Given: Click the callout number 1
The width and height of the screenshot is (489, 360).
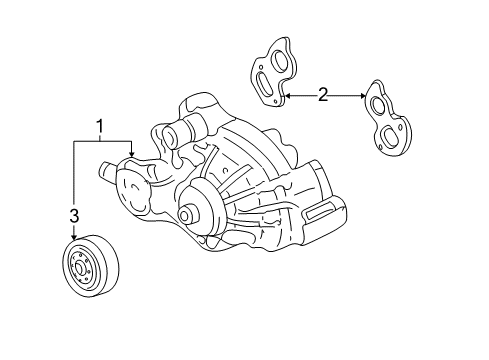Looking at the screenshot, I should pos(99,125).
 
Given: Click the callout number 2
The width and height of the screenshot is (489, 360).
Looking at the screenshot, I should pos(322,95).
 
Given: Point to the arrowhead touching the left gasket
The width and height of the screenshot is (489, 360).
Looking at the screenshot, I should pos(287,95).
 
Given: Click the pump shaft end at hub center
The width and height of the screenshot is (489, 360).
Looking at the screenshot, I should pos(185,214).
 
